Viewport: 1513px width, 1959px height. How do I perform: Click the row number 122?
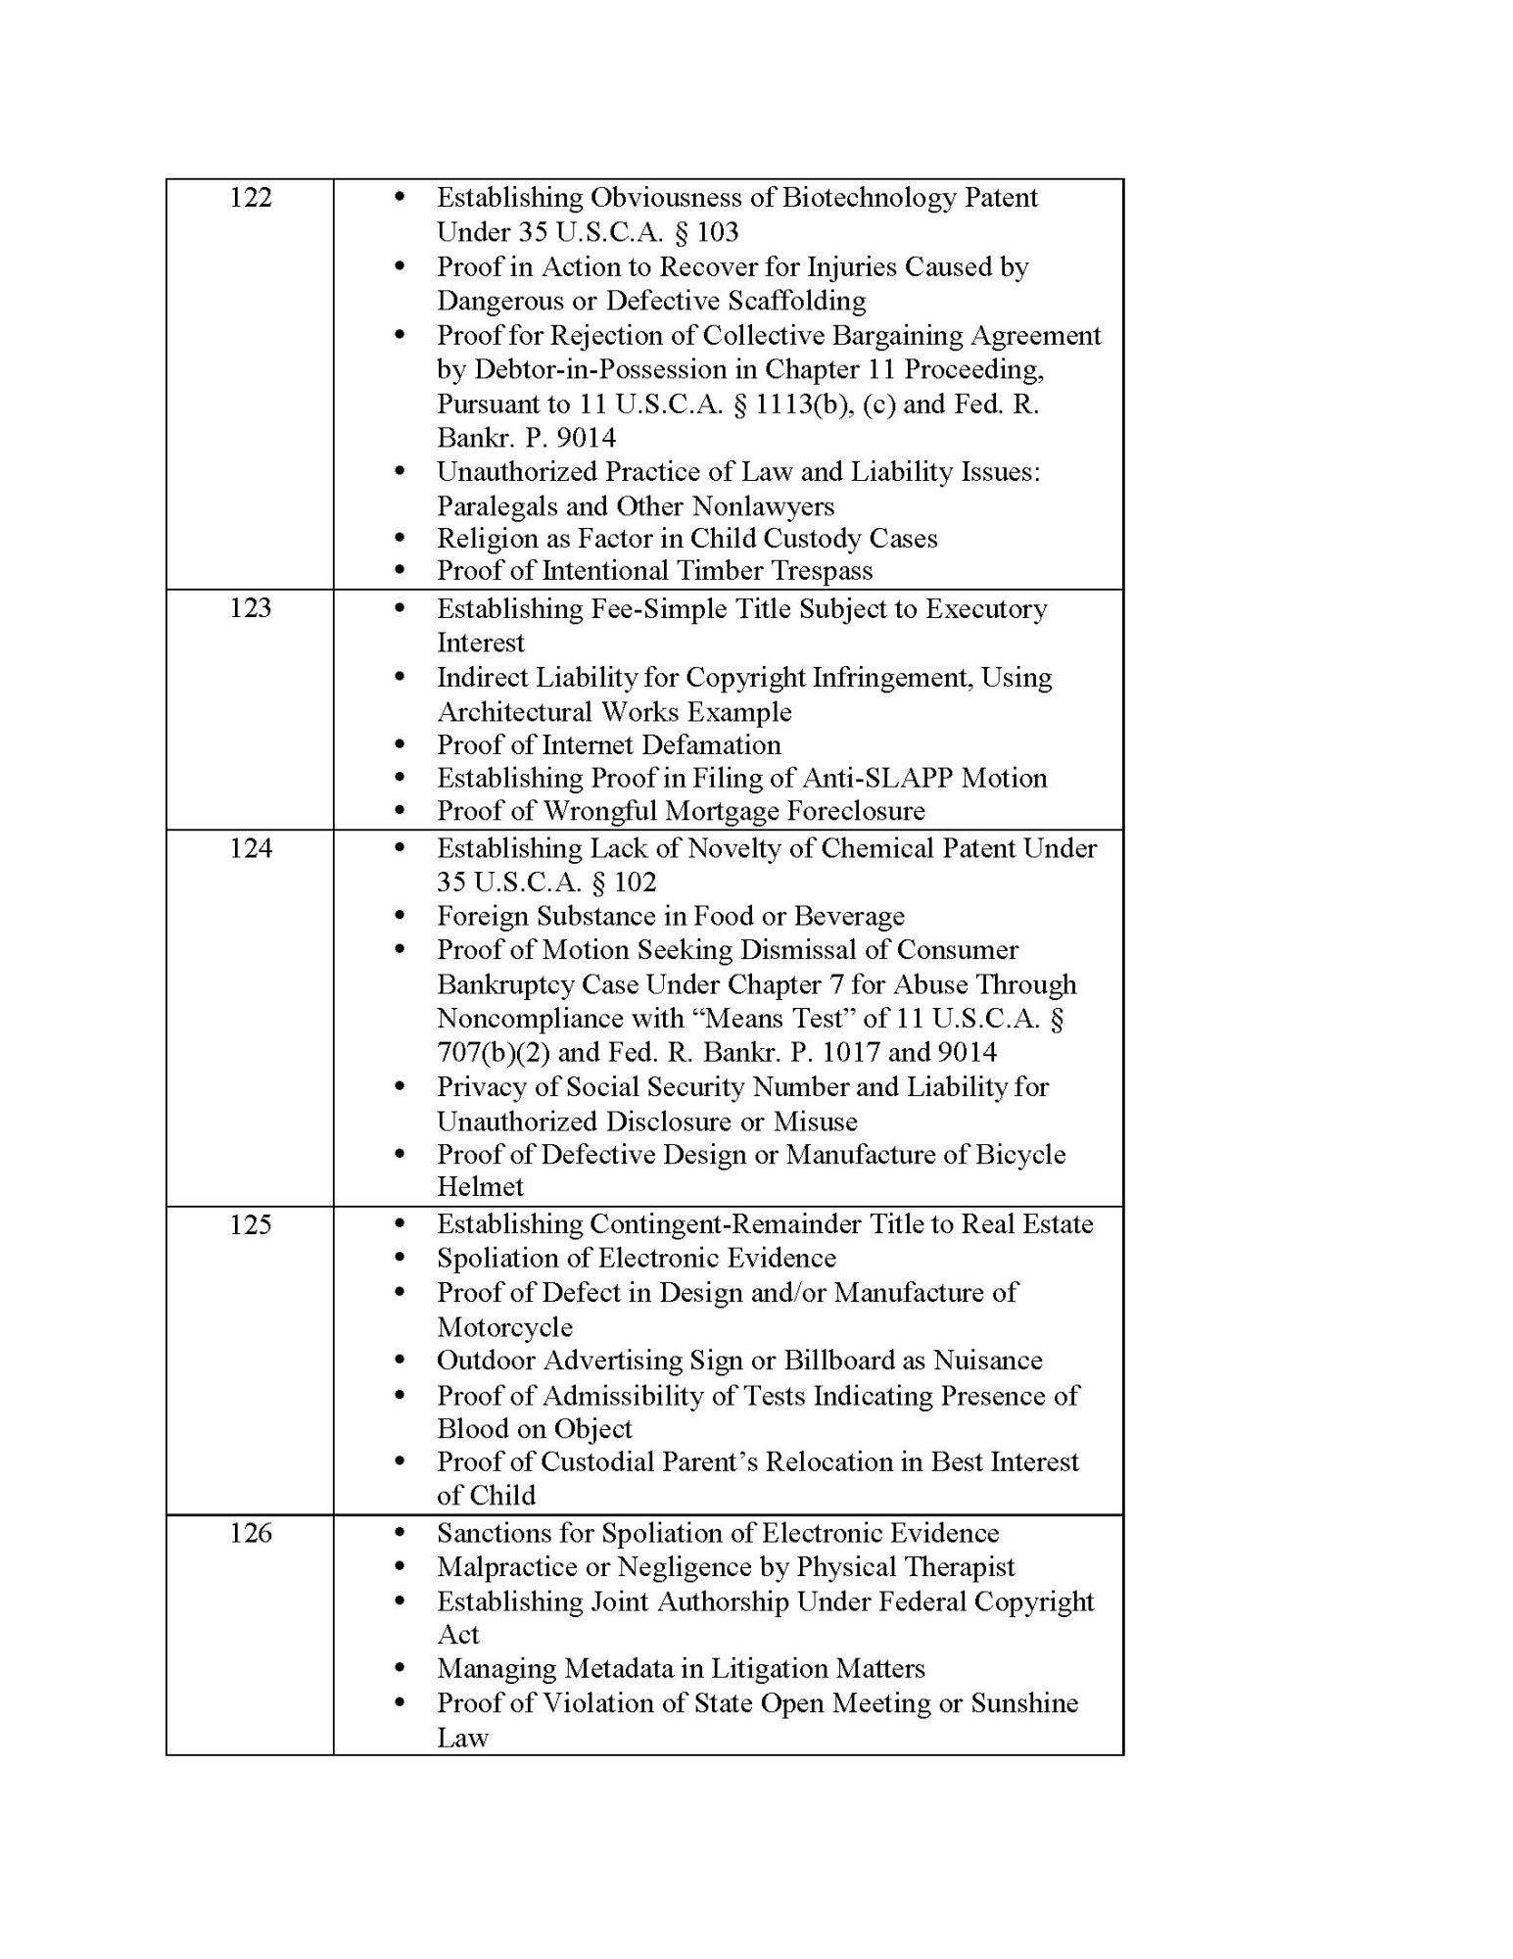(250, 198)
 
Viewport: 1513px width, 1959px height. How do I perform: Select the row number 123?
(250, 608)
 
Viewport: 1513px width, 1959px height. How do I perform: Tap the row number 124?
(250, 848)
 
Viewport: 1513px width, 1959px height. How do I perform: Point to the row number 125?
(250, 1224)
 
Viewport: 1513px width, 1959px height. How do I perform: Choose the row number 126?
(250, 1533)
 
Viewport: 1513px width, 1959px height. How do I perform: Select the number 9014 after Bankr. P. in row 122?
(586, 438)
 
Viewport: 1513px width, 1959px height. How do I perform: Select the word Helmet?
(480, 1187)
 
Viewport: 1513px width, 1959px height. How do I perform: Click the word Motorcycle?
(504, 1327)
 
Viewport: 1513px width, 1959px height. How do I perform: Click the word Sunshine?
(1024, 1702)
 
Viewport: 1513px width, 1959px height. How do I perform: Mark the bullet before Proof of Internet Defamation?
(399, 745)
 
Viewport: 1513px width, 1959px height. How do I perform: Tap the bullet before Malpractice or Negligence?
(399, 1567)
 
